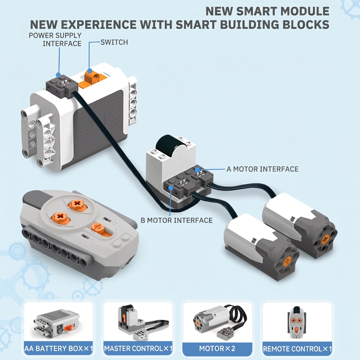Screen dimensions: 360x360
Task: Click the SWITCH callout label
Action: (x=114, y=42)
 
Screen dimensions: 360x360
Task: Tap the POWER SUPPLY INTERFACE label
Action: (x=55, y=39)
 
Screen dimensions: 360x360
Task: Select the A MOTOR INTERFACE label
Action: (x=262, y=169)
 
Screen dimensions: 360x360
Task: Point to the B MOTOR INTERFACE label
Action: (x=176, y=220)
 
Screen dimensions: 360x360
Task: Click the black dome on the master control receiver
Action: (x=169, y=145)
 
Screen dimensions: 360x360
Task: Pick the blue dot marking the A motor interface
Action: (x=197, y=170)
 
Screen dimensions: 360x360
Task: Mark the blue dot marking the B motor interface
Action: (x=171, y=188)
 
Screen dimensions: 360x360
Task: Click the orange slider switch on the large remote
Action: (x=101, y=231)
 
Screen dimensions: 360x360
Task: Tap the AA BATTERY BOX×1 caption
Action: (x=58, y=348)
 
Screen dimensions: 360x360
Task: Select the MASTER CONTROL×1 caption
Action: (x=138, y=348)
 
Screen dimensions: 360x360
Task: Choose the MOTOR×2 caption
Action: (x=217, y=348)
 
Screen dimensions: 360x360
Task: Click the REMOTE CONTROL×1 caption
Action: (x=297, y=349)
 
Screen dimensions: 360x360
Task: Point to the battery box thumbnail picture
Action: (x=57, y=324)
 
